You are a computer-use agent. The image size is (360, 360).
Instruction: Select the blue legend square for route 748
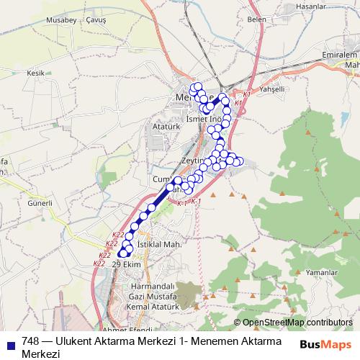click(10, 341)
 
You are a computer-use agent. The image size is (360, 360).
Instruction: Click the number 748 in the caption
click(31, 341)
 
